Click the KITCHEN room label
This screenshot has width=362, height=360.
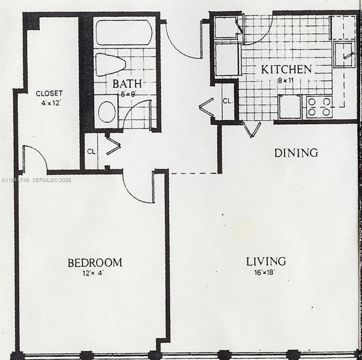point(287,69)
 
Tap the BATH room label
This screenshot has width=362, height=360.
point(127,83)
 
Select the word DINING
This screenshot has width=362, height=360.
point(296,152)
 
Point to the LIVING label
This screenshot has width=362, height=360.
point(266,262)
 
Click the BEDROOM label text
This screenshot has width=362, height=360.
point(95,263)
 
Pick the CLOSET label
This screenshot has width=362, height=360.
point(49,93)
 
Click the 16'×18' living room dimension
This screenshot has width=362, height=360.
point(266,273)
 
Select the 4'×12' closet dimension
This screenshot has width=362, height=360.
point(49,103)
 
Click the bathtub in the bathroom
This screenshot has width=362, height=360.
point(124,33)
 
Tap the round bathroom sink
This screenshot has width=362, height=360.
point(107,112)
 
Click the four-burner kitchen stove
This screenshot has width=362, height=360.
point(318,107)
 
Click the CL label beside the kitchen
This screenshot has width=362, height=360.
point(227,101)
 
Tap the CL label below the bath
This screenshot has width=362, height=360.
point(91,151)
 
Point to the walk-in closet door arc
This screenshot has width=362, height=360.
point(36,157)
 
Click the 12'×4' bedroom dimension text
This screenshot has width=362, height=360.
point(95,273)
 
